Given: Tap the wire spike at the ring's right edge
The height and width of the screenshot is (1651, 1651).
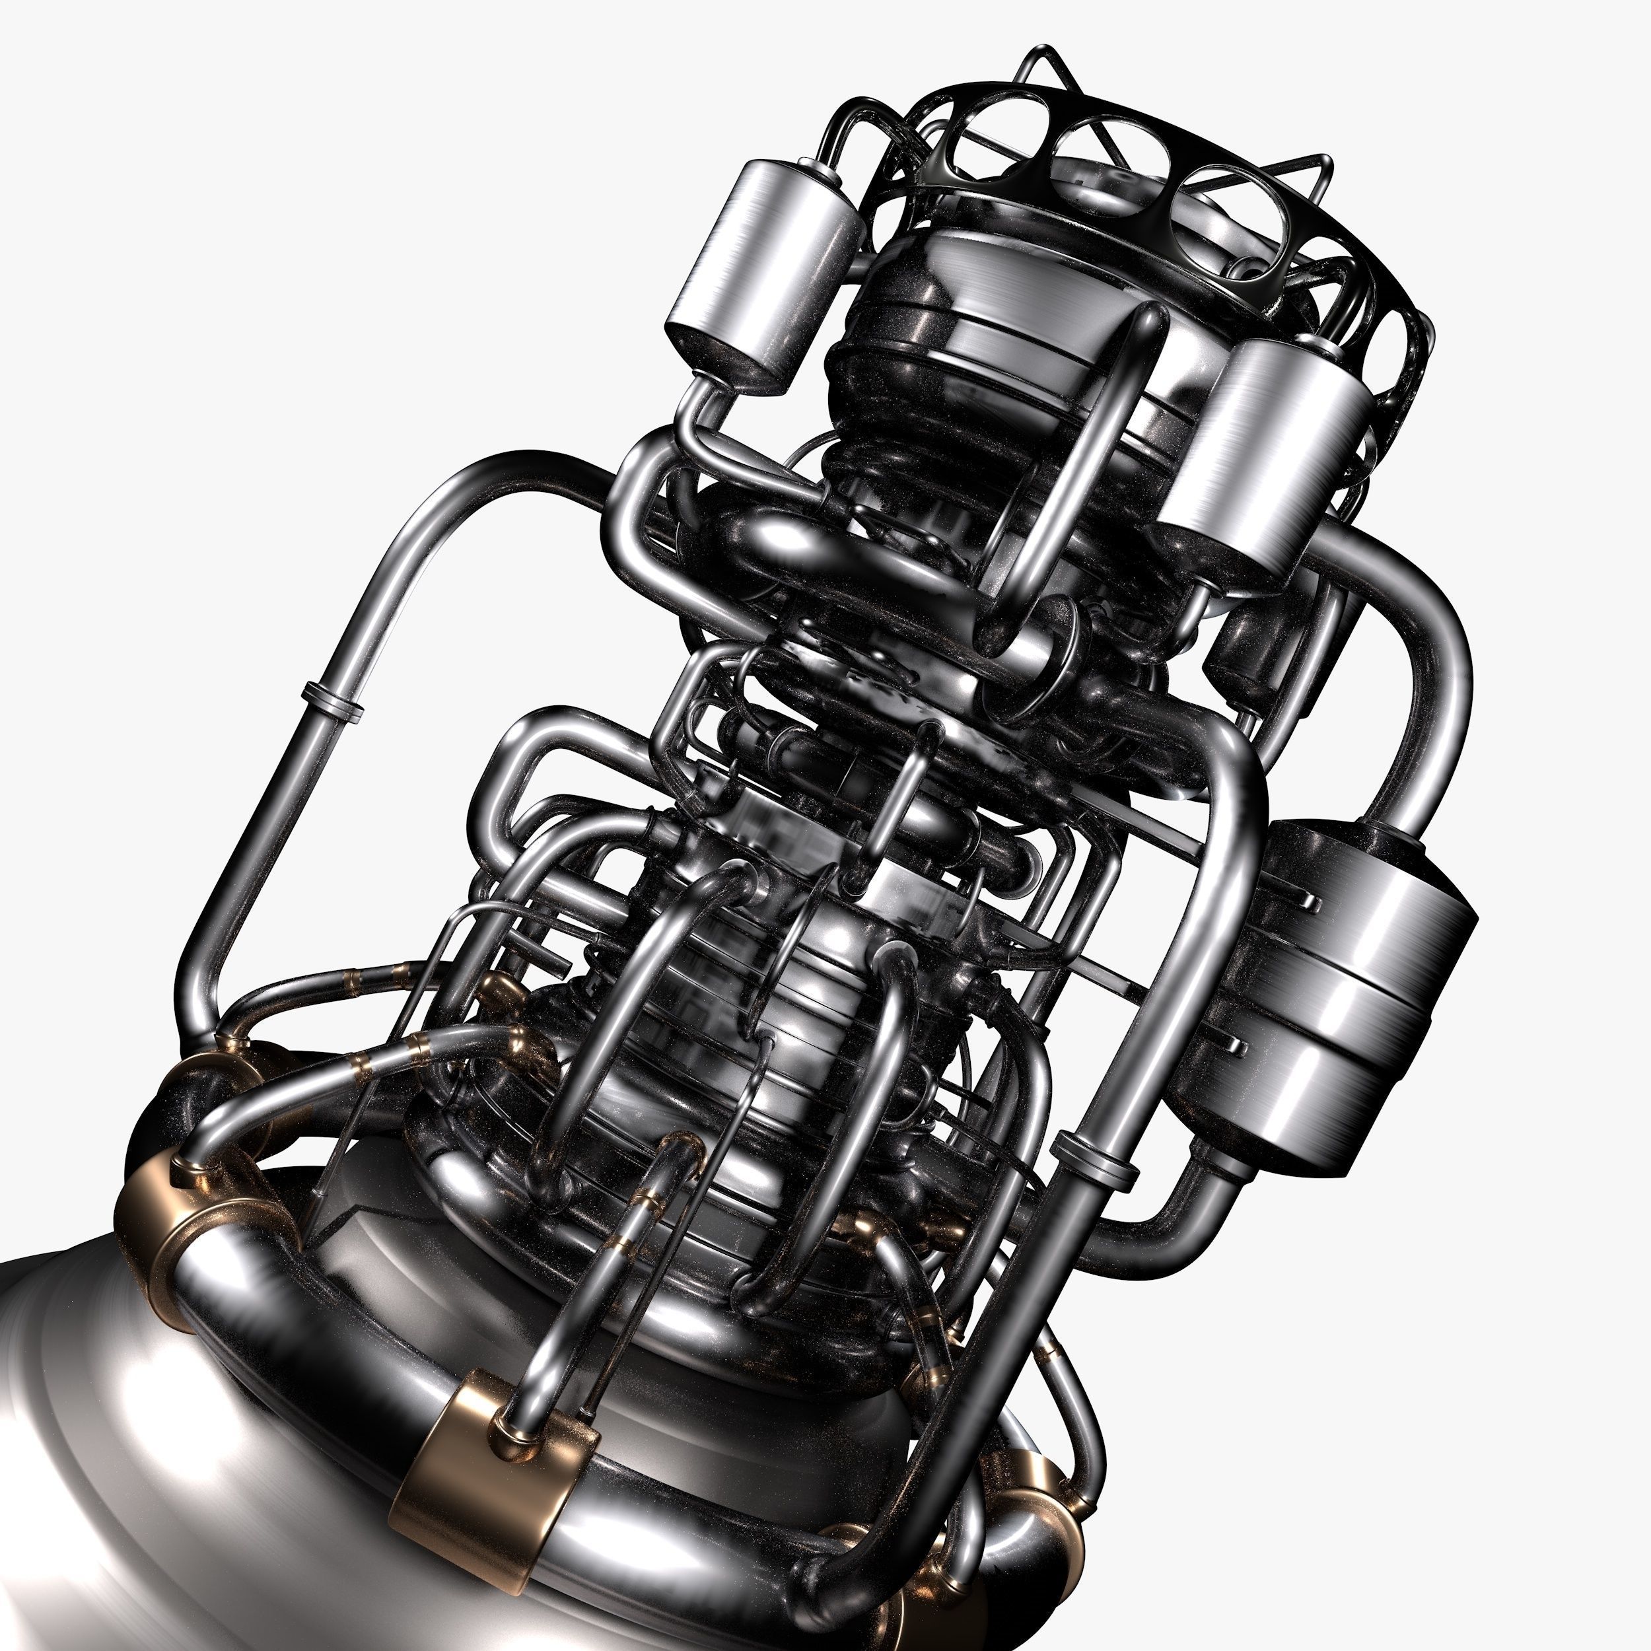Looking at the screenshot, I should pyautogui.click(x=1312, y=171).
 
